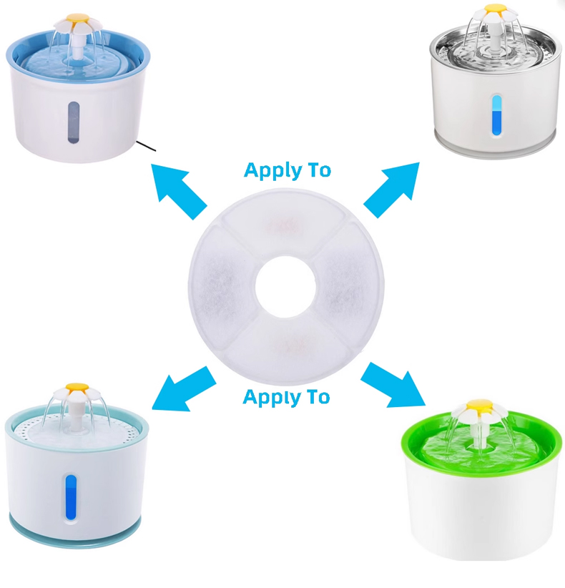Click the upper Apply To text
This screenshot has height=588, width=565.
pyautogui.click(x=288, y=171)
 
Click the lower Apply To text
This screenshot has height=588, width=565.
pyautogui.click(x=287, y=397)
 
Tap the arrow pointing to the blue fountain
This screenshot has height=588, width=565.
pyautogui.click(x=178, y=191)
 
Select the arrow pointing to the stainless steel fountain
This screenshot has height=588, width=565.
pyautogui.click(x=392, y=190)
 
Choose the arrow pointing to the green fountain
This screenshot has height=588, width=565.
pyautogui.click(x=393, y=385)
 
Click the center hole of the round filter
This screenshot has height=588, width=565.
pyautogui.click(x=285, y=287)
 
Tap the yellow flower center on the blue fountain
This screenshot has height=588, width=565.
pyautogui.click(x=73, y=19)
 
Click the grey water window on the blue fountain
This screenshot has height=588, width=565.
pyautogui.click(x=74, y=122)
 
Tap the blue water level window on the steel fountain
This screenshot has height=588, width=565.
pyautogui.click(x=497, y=115)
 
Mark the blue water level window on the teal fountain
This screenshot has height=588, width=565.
pyautogui.click(x=72, y=497)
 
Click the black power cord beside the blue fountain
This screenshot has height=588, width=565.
pyautogui.click(x=146, y=146)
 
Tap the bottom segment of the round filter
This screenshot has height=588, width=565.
pyautogui.click(x=287, y=351)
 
